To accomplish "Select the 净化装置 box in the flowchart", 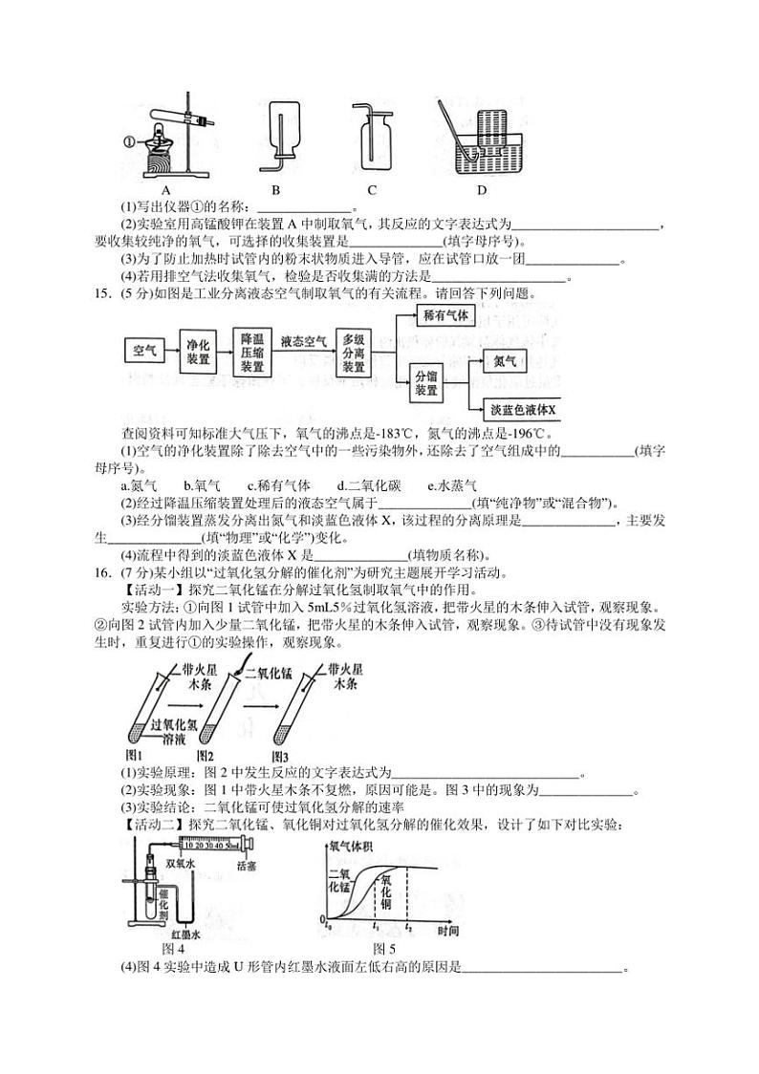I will (x=199, y=352).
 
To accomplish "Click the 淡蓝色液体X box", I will (x=522, y=409).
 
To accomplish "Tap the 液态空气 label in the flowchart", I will (x=304, y=340).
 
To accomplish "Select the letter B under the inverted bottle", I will (x=275, y=188).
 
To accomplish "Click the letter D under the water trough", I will (x=483, y=188).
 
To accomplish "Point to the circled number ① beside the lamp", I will (x=129, y=142).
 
